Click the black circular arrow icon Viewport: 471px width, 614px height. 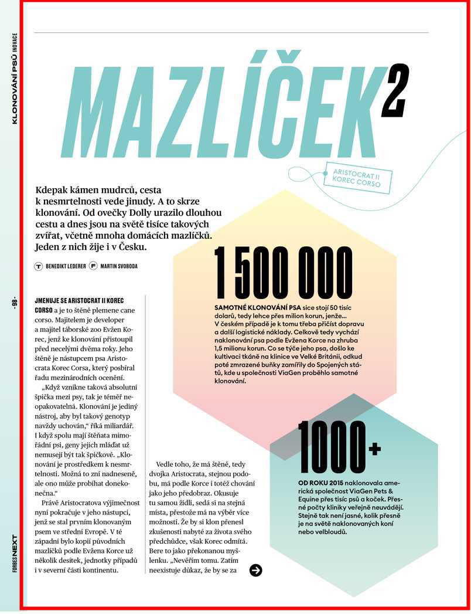(255, 570)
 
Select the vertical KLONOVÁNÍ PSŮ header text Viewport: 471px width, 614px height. (15, 85)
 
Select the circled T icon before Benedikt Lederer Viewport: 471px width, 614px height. (39, 266)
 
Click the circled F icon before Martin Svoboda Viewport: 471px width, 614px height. (93, 266)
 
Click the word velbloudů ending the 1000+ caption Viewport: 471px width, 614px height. (329, 532)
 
